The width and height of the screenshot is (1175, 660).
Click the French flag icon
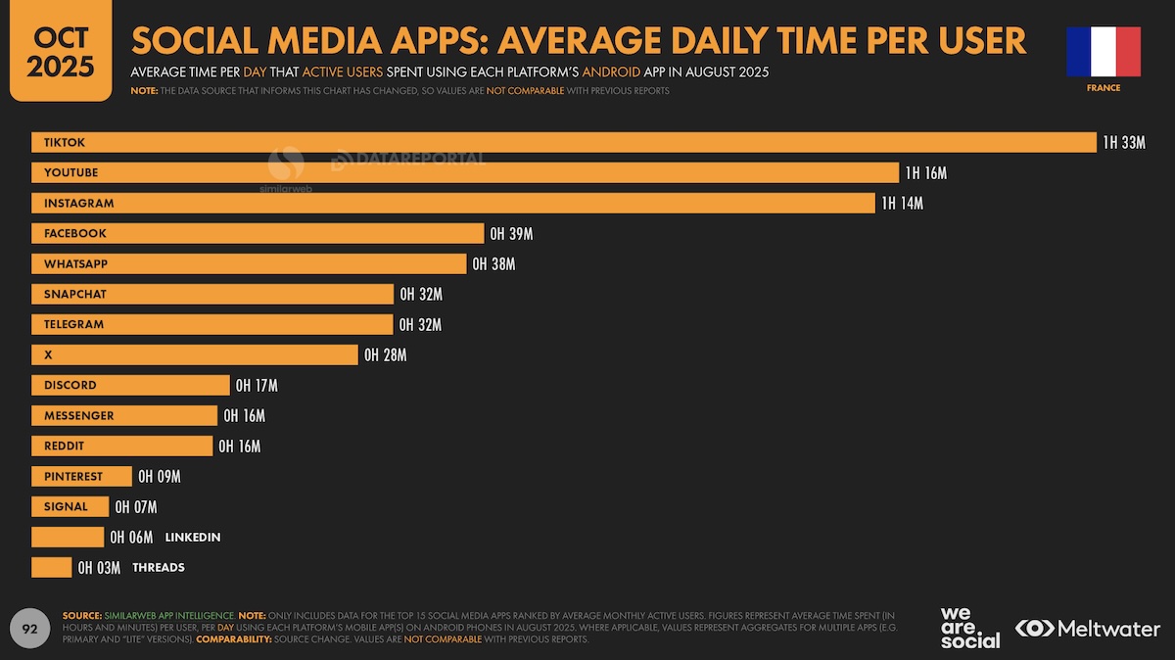[1104, 52]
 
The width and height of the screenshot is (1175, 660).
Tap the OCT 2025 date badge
[61, 50]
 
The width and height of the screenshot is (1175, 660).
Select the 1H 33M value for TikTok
[1124, 143]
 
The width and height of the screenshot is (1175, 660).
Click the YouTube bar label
[70, 172]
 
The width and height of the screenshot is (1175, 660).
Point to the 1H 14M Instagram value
[902, 204]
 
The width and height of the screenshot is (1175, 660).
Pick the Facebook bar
[258, 233]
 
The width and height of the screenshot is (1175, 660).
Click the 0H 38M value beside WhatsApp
[493, 263]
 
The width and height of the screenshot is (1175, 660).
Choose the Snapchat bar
[212, 295]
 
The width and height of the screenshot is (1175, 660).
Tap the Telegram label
[73, 324]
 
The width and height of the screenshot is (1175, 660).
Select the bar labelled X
[195, 354]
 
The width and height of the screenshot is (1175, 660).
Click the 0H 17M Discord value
[257, 386]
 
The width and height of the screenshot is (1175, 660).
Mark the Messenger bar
[124, 415]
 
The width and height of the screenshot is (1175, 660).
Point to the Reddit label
[64, 446]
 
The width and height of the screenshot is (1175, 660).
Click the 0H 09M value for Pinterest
[160, 476]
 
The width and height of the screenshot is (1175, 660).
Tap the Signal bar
[70, 507]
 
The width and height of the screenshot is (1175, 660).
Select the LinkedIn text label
[193, 538]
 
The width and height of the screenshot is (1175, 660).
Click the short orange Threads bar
[51, 568]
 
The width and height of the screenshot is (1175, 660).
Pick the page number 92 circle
[30, 629]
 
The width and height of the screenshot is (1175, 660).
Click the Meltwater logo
[1088, 629]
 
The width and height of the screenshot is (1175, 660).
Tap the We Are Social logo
[970, 628]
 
